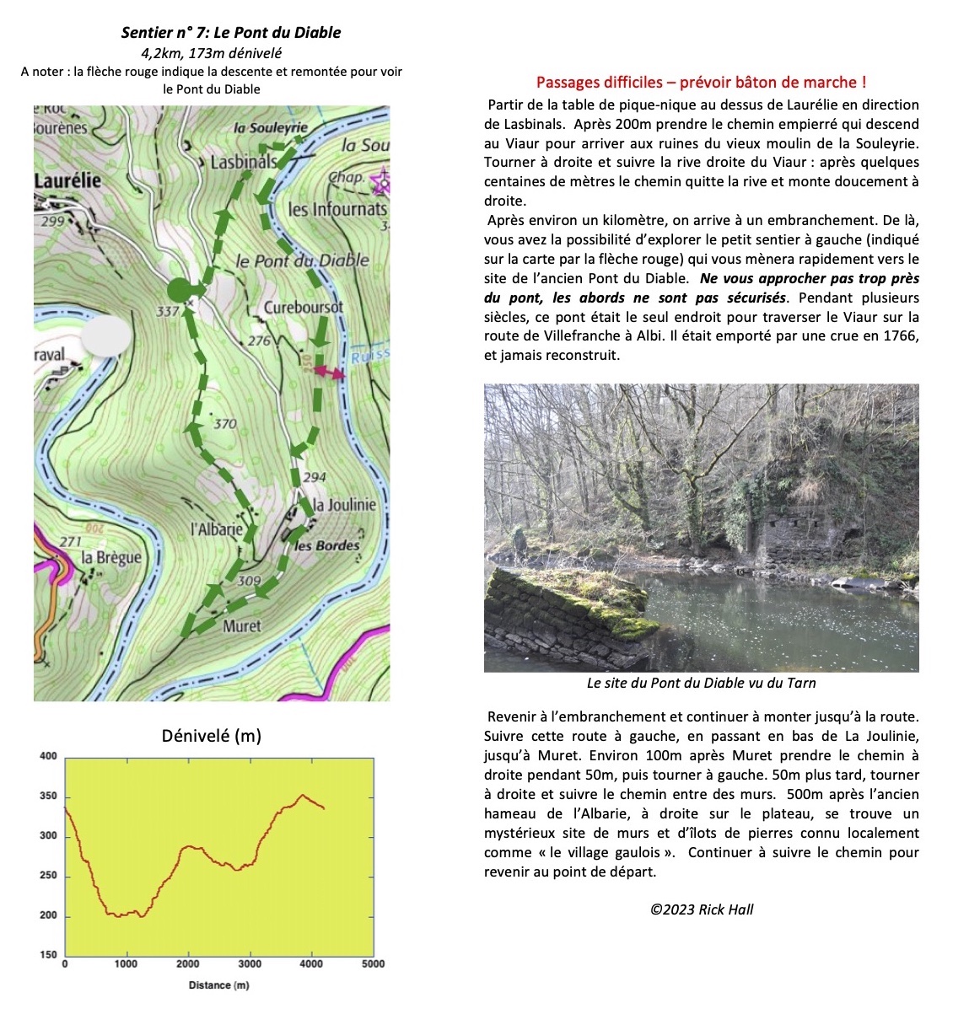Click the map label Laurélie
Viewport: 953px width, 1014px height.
pos(67,181)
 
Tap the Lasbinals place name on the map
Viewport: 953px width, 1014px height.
pos(243,161)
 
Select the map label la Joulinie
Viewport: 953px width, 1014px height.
pos(344,504)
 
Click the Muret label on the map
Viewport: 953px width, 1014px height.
pos(242,626)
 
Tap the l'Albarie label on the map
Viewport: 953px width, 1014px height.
pos(217,529)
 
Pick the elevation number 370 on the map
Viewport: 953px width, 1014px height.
pos(224,423)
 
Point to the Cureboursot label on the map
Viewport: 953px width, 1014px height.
pos(304,308)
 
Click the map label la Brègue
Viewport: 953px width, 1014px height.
pos(111,557)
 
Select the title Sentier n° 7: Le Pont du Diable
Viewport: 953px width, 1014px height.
pos(231,33)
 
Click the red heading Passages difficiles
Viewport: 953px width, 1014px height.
pos(701,82)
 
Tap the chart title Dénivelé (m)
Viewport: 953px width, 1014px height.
pos(211,736)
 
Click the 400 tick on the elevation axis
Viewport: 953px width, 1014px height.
pos(48,756)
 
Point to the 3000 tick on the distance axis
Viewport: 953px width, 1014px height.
pos(250,964)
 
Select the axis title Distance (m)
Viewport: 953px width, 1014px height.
pos(218,985)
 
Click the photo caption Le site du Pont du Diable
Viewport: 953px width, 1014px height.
pos(701,683)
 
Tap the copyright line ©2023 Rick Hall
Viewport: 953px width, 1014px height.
pos(702,909)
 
